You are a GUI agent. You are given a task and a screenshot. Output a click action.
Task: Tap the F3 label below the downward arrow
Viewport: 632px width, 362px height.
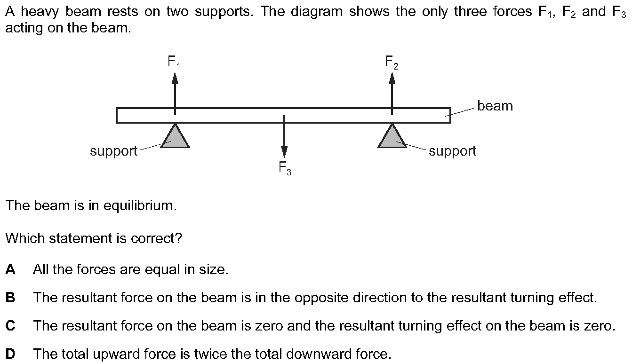pos(285,168)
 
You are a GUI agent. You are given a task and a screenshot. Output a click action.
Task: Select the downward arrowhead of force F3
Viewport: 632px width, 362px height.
pos(284,152)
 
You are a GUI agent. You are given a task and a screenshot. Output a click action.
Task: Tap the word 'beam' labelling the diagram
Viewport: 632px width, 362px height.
pos(495,106)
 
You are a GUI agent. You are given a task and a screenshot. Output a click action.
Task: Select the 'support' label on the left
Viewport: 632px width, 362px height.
pos(113,151)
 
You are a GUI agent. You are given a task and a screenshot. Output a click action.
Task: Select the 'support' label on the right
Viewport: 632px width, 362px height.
pos(452,151)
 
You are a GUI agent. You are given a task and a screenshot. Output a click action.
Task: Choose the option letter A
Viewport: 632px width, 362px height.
pos(10,270)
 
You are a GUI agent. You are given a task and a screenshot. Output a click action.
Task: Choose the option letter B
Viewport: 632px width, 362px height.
pos(10,298)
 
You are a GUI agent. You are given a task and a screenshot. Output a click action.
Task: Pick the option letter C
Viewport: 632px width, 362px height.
pos(10,326)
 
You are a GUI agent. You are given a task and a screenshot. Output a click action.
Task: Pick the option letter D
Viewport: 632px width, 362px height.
pos(10,354)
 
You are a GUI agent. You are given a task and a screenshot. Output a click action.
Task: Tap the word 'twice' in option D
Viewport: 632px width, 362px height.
pos(197,354)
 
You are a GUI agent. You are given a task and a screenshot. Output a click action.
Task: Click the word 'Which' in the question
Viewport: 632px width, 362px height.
pos(23,238)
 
